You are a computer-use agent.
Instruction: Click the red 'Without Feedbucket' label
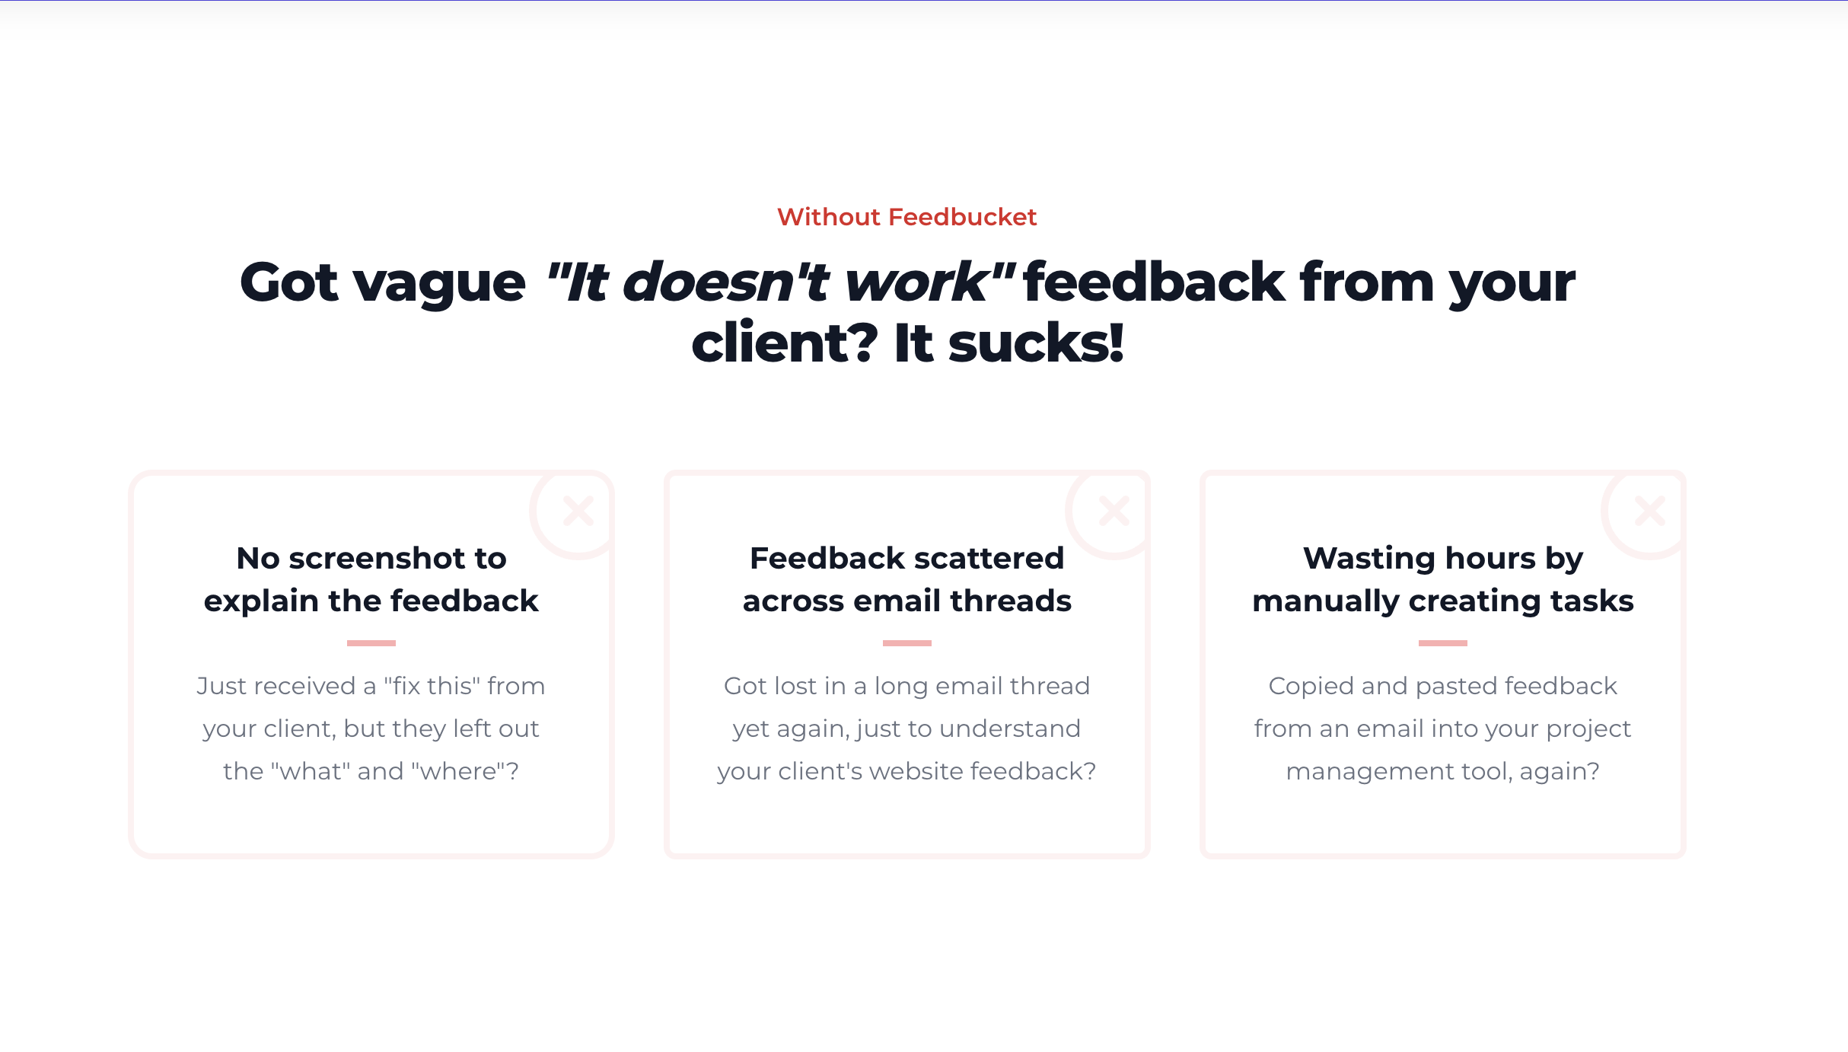[906, 217]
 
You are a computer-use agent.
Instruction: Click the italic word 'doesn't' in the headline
[725, 282]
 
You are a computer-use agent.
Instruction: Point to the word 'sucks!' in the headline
[1036, 343]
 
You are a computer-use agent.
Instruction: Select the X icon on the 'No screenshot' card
[578, 511]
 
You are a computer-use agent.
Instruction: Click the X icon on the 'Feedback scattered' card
[1114, 511]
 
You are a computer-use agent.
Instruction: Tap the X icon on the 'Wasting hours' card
[1650, 511]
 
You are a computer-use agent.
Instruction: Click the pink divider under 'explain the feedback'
[371, 643]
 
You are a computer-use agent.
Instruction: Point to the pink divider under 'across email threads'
[907, 643]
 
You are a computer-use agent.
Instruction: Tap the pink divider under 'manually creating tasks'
[1443, 643]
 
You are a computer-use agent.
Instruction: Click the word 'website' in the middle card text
[916, 771]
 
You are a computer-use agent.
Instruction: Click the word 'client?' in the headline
[785, 343]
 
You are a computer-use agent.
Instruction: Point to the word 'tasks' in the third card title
[1592, 601]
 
